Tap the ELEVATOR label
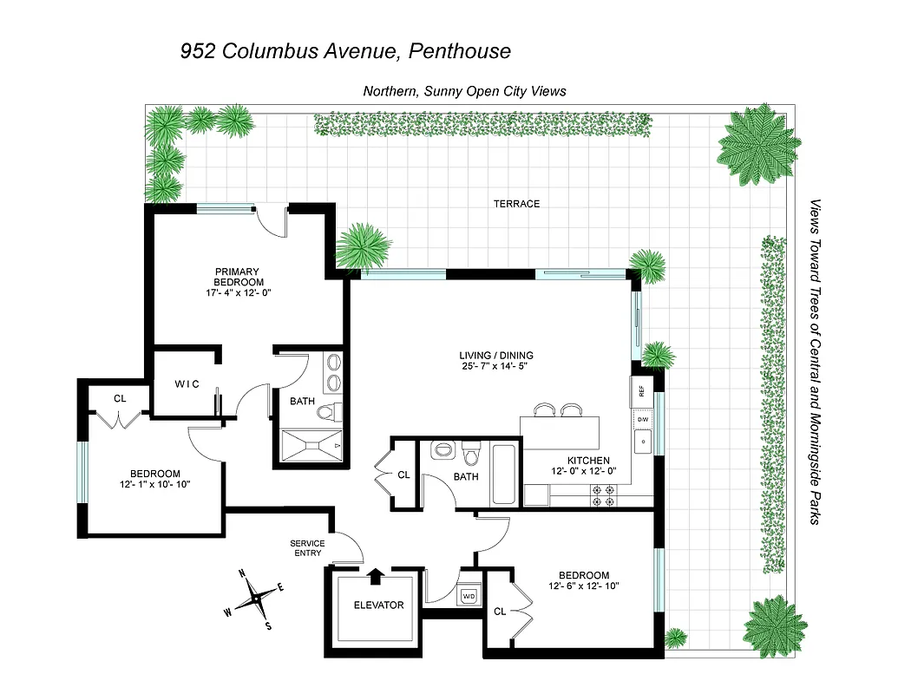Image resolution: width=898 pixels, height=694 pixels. point(377,605)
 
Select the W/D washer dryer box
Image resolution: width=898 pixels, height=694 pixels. point(469,597)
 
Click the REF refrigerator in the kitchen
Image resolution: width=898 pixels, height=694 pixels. point(641,391)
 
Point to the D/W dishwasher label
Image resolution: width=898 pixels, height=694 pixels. point(643,420)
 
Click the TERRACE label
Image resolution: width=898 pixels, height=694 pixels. point(516,204)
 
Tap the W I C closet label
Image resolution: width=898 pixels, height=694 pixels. point(187,384)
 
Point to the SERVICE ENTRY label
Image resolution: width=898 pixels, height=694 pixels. point(307,548)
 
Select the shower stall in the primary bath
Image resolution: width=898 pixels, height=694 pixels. point(310,448)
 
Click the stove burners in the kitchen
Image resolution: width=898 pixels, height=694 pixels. point(603,494)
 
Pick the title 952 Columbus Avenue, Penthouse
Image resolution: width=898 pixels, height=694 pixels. point(345,51)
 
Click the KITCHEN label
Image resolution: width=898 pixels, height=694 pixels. point(588,461)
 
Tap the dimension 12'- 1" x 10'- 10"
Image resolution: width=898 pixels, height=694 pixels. point(154,484)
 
